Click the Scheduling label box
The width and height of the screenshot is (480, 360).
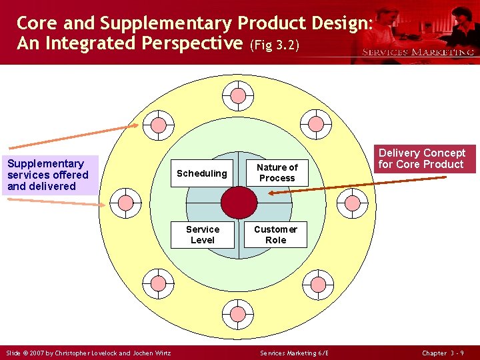click(x=202, y=173)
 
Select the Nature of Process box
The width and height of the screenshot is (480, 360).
click(x=277, y=173)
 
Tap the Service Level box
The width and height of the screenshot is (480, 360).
click(x=203, y=235)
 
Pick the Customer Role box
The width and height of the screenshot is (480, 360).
click(x=275, y=235)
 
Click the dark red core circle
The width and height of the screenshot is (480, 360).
click(x=239, y=203)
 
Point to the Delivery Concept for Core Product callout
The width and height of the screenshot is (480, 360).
click(x=421, y=159)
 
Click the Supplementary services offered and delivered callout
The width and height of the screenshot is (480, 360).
click(x=49, y=175)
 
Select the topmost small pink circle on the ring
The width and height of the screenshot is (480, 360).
click(x=238, y=95)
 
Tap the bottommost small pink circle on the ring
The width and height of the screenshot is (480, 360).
click(x=238, y=311)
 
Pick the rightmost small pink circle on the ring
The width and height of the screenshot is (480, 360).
click(x=353, y=203)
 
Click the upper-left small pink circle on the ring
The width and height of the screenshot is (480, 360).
click(x=159, y=125)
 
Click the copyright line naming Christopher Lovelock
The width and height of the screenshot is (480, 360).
click(x=89, y=353)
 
